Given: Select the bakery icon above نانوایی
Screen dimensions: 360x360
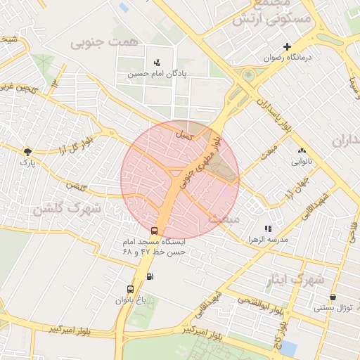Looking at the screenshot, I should [302, 150].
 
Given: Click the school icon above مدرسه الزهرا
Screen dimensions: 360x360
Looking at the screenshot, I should [267, 229].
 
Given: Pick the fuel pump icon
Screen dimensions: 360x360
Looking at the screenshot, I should [150, 276].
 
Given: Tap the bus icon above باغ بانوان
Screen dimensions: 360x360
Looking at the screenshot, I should [130, 289].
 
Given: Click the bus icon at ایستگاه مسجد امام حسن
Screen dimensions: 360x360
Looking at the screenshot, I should [154, 231].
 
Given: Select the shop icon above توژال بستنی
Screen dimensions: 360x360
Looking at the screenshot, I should [332, 297].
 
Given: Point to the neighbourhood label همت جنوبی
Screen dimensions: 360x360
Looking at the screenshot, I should [95, 44].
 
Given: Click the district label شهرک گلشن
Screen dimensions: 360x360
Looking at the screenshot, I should [67, 209].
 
